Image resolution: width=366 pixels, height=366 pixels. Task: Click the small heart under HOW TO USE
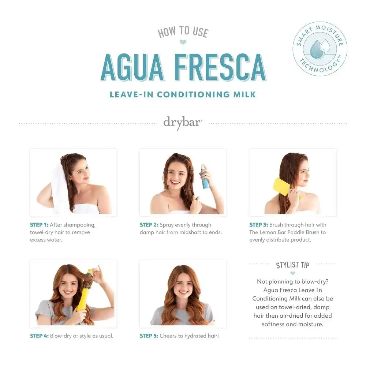pos(183,42)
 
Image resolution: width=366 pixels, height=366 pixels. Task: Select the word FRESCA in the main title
pos(220,67)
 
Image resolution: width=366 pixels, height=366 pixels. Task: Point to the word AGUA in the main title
pos(132,67)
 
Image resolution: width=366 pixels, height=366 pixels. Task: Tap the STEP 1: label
pos(39,225)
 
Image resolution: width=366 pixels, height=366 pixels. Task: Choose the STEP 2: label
pos(149,225)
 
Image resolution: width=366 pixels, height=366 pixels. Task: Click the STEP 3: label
pos(259,225)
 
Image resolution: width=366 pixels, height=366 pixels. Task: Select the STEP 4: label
pos(39,336)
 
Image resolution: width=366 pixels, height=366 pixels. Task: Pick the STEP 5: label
pos(149,336)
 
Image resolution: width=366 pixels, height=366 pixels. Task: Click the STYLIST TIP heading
pos(293,265)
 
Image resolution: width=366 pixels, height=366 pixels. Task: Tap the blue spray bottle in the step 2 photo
pos(205,177)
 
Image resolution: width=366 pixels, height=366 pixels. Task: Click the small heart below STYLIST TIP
pos(293,273)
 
